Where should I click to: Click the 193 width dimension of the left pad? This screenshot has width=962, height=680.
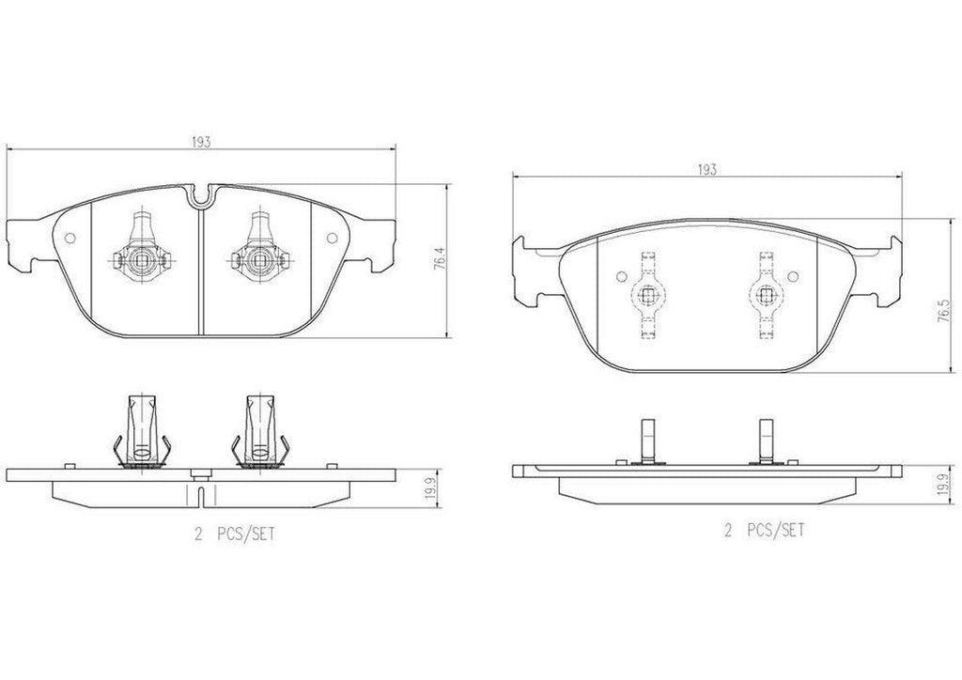pyautogui.click(x=201, y=142)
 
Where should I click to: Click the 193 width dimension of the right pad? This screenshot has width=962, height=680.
pyautogui.click(x=706, y=170)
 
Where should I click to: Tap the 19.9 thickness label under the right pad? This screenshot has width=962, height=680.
pyautogui.click(x=946, y=487)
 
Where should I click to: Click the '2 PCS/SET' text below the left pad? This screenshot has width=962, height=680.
pyautogui.click(x=234, y=534)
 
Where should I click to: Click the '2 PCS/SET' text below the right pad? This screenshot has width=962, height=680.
pyautogui.click(x=764, y=530)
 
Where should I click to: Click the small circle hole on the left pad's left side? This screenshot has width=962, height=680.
pyautogui.click(x=70, y=238)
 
